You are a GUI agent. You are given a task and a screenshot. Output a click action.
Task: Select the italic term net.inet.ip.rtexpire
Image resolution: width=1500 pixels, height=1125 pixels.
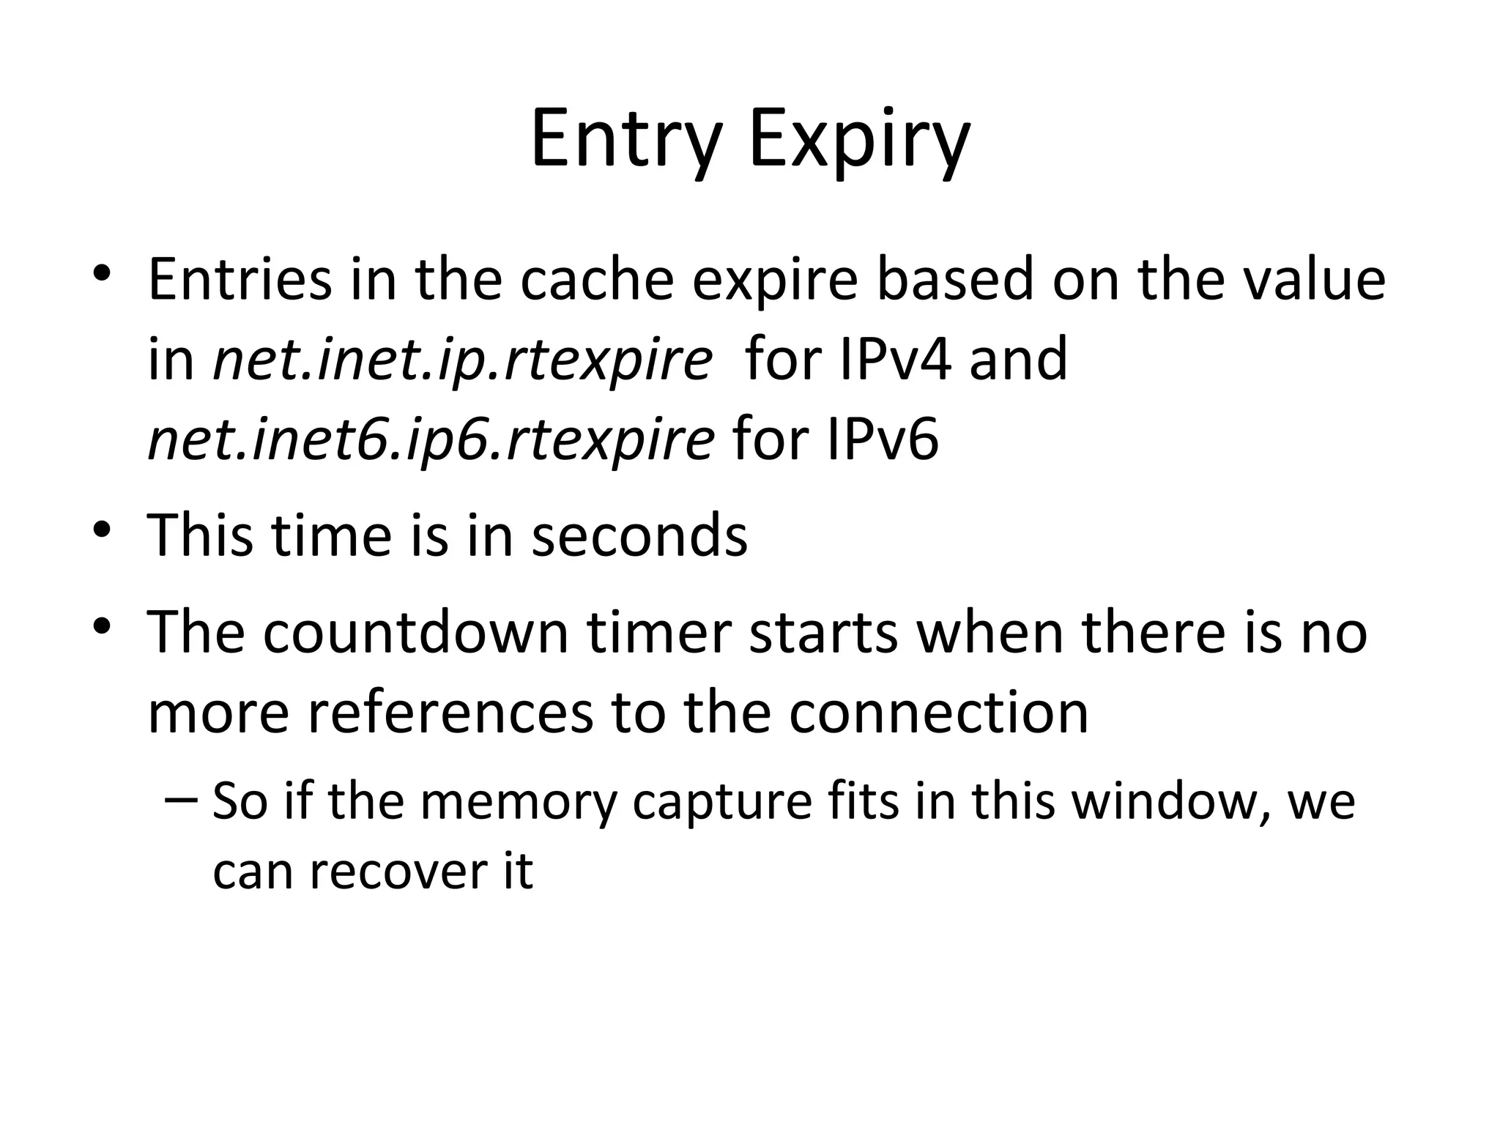[462, 360]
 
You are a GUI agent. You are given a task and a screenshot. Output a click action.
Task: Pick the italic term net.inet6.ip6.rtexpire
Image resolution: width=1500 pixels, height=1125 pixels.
[431, 441]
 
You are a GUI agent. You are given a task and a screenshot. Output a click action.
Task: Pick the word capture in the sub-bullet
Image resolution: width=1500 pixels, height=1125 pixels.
[722, 801]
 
